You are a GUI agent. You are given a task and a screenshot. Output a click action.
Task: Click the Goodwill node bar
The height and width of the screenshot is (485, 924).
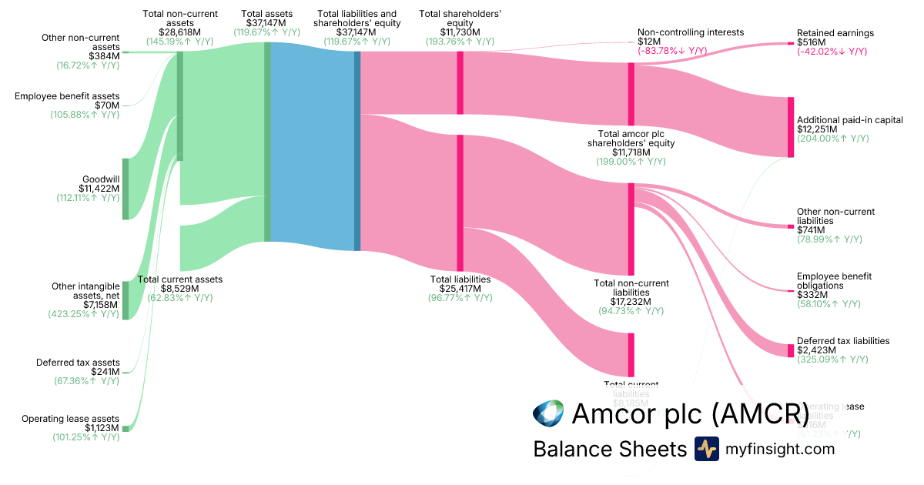126,189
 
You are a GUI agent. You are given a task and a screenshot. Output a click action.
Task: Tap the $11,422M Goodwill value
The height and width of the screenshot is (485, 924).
99,188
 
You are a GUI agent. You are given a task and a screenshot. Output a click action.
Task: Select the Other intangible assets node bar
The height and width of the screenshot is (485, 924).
126,300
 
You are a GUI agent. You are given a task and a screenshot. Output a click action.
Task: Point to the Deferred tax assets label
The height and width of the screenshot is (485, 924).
78,363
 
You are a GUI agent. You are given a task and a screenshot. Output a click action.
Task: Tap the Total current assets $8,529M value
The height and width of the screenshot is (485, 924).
179,289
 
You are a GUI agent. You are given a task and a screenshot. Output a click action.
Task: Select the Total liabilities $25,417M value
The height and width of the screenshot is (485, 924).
460,289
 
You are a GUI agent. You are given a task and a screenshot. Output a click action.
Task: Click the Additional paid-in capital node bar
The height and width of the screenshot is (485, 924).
790,127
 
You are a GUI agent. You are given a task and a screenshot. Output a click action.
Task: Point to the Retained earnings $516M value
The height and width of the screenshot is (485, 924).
811,42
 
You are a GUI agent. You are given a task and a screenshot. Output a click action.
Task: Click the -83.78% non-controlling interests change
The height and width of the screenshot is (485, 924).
672,51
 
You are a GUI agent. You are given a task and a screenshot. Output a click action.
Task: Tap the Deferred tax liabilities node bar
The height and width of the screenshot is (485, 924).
790,350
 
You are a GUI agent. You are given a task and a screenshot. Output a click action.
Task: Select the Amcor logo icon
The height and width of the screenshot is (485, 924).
548,413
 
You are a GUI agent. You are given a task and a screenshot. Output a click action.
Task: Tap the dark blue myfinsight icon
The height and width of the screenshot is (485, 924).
706,449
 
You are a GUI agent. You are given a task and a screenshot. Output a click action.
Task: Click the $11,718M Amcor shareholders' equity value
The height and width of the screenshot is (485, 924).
631,152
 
